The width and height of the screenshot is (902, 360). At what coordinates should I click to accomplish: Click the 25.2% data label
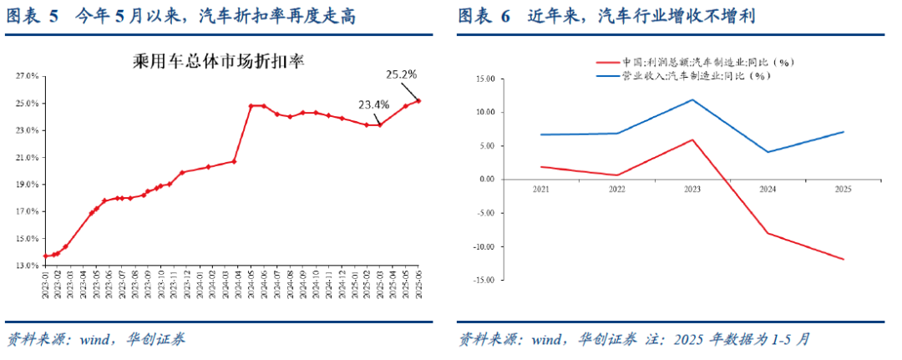point(401,74)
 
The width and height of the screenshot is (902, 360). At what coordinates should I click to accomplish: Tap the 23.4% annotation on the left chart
point(373,104)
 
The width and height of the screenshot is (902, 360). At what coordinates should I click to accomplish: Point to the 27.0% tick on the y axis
point(28,76)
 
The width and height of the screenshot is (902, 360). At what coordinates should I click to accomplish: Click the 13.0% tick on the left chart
point(28,266)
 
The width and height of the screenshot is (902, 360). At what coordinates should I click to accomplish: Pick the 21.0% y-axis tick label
point(28,158)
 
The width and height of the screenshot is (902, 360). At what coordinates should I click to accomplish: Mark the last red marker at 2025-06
point(418,101)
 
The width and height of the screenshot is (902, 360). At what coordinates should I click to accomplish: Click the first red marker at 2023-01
point(45,256)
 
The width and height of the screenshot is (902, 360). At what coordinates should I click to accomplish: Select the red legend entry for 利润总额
point(692,63)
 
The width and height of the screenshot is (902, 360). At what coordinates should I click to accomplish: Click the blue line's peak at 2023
point(692,100)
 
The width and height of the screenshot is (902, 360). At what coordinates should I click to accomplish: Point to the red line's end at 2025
point(844,259)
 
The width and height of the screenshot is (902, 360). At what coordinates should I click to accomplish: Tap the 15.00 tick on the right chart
point(484,79)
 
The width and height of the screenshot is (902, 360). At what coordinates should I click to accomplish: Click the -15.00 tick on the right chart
point(483,281)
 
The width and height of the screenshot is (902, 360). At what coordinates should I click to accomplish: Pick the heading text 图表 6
point(484,17)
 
